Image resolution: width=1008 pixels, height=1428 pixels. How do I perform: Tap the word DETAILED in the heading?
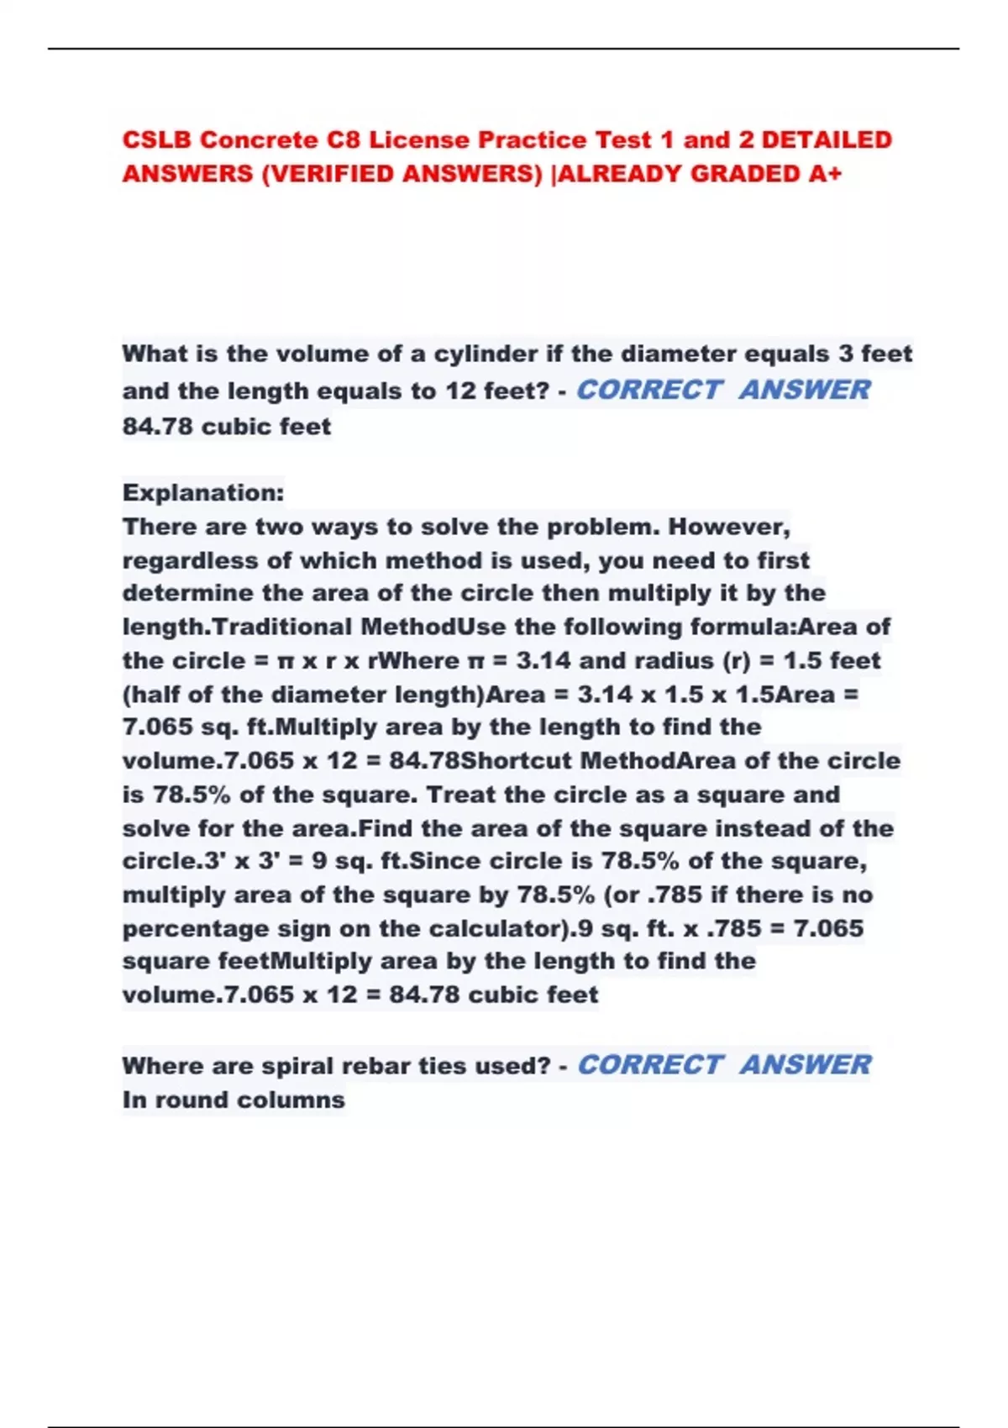[x=827, y=139]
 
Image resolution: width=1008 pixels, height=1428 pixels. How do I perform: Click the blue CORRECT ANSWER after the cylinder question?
[x=723, y=390]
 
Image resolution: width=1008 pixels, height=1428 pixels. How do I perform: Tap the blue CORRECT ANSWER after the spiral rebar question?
[x=723, y=1065]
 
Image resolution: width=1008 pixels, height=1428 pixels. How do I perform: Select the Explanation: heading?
[x=203, y=492]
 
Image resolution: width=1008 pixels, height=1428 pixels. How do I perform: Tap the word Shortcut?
[x=517, y=761]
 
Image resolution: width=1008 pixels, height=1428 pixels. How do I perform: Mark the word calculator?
[x=496, y=928]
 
